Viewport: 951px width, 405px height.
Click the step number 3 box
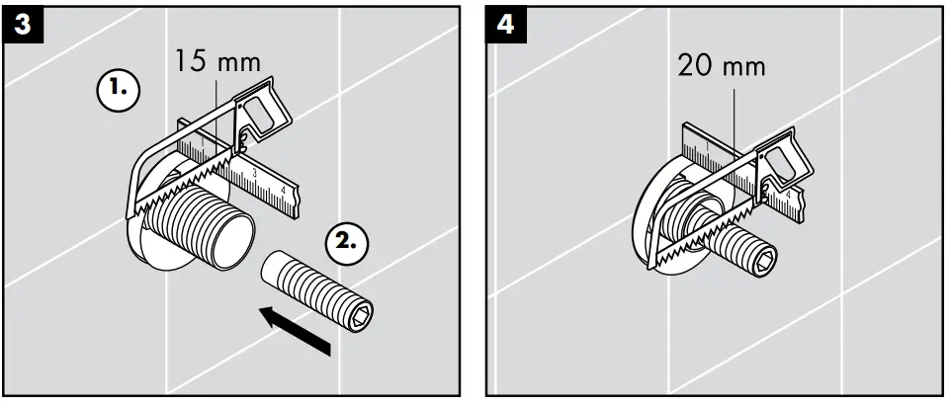pyautogui.click(x=22, y=25)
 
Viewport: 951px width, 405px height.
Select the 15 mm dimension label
pyautogui.click(x=218, y=63)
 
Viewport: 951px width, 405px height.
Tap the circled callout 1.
pyautogui.click(x=118, y=89)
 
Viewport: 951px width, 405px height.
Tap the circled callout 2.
pyautogui.click(x=346, y=239)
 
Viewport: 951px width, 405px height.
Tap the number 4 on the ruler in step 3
pyautogui.click(x=285, y=190)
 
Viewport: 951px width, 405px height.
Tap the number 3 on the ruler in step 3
pyautogui.click(x=255, y=173)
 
